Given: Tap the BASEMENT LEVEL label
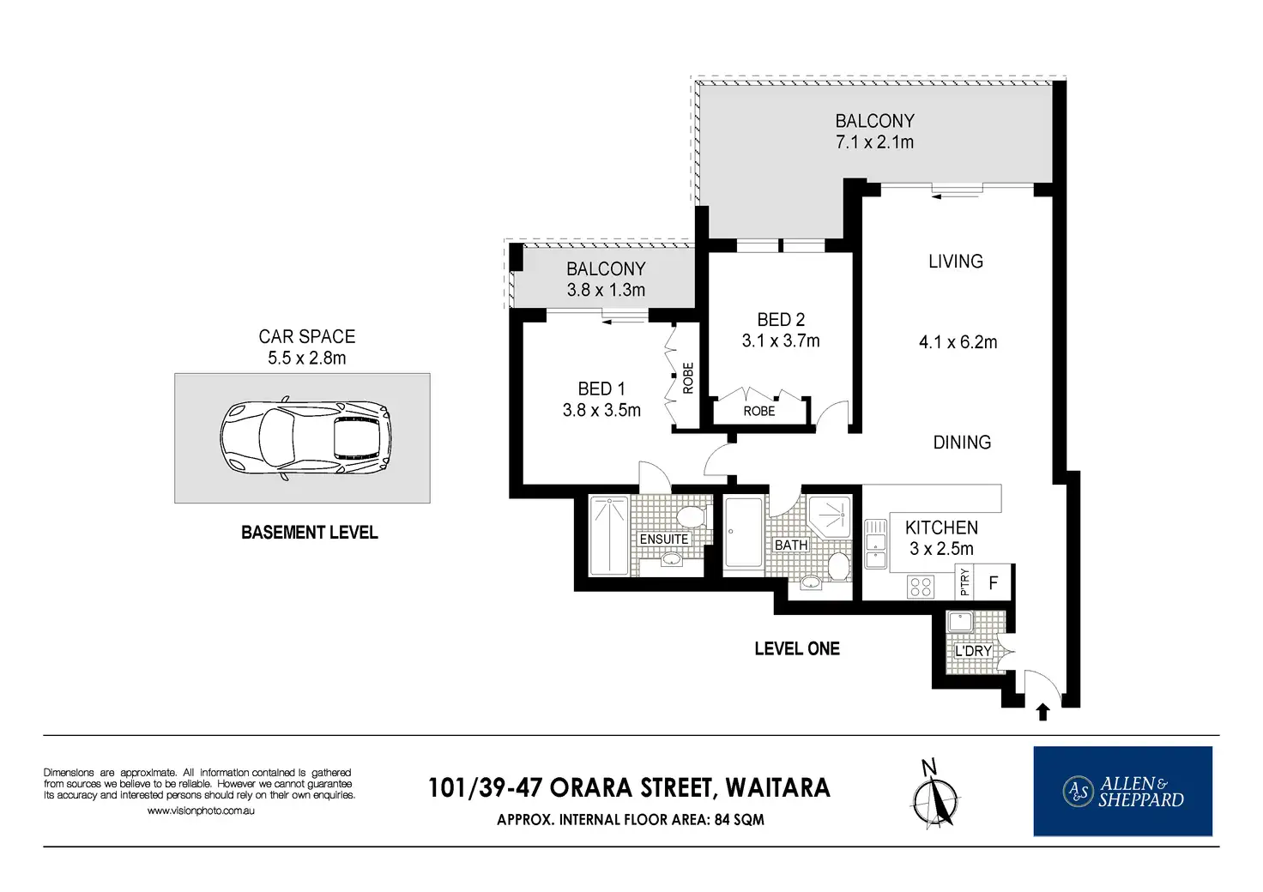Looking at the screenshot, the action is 310,533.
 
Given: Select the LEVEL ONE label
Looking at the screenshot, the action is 797,648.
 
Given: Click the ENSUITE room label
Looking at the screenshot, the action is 663,539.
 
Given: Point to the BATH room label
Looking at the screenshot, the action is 790,545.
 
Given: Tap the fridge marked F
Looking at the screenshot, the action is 994,582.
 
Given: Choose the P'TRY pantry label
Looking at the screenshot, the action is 964,582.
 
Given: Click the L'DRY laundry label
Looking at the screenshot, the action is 973,651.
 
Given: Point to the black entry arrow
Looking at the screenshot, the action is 1042,712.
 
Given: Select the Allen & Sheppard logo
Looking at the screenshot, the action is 1122,791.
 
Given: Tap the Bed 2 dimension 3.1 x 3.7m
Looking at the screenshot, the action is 781,341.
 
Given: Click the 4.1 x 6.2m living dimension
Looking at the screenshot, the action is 958,342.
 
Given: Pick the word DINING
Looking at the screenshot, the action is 962,443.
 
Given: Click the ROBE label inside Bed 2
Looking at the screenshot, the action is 759,412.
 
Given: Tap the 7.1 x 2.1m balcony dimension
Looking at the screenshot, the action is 874,142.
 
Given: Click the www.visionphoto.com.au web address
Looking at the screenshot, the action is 201,811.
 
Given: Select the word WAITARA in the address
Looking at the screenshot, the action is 777,787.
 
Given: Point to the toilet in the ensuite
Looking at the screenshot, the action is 691,515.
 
